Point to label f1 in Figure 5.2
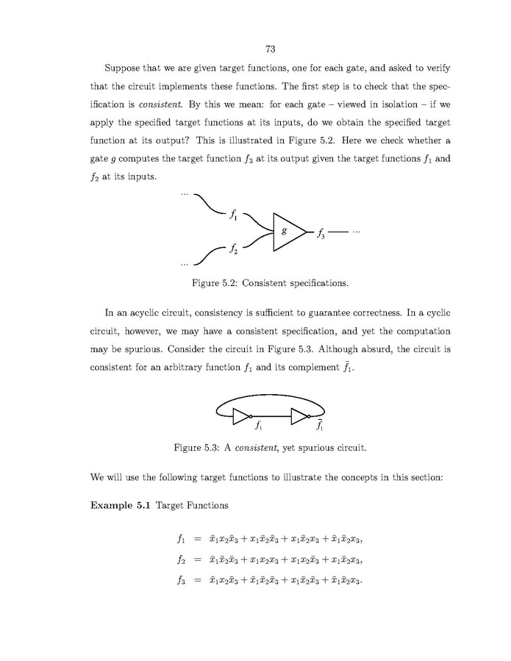tap(233, 215)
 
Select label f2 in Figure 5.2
tap(233, 248)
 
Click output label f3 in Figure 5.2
tap(321, 235)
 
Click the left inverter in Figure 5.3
tap(242, 416)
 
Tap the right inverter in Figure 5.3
tap(300, 416)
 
